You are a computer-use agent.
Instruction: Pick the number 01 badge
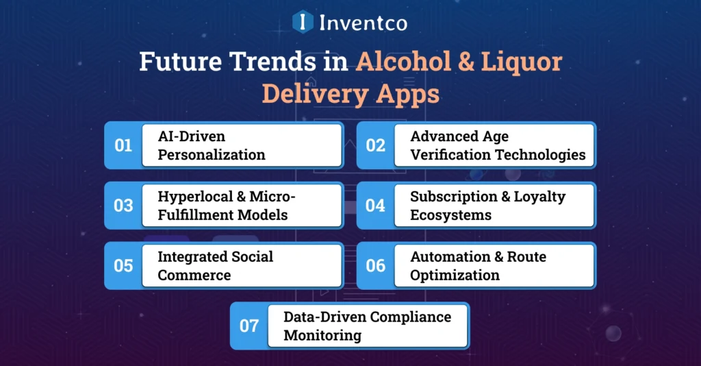click(123, 145)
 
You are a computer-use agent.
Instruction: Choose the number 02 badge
click(375, 145)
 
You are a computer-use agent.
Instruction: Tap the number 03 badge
click(123, 206)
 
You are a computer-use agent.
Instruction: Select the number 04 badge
click(375, 206)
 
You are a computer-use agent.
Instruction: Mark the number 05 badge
click(123, 265)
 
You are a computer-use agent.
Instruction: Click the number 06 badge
click(375, 265)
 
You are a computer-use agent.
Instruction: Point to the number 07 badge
click(249, 326)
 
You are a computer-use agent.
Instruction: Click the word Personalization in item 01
click(211, 155)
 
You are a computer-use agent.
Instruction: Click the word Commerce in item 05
click(194, 275)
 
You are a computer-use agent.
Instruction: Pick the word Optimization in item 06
click(455, 275)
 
